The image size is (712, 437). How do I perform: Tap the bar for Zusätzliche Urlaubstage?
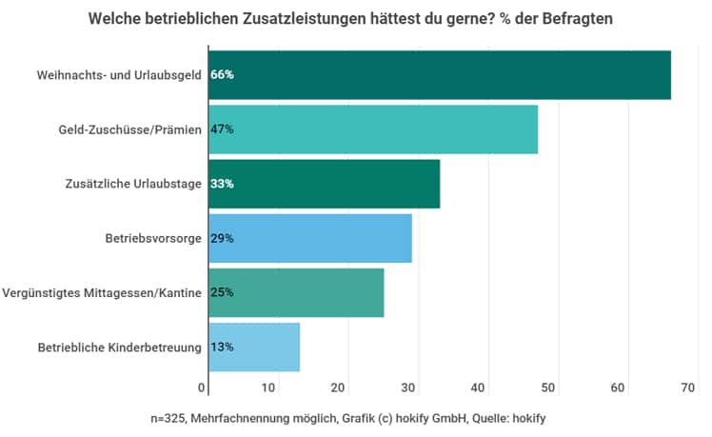tap(325, 184)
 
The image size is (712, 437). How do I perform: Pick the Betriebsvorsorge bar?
tap(310, 238)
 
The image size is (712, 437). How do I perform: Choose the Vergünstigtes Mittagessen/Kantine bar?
tap(296, 292)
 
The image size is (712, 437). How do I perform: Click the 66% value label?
tap(222, 74)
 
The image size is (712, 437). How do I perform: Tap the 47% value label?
tap(222, 129)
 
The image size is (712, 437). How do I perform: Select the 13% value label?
tap(222, 347)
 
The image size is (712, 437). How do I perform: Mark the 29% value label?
tap(222, 238)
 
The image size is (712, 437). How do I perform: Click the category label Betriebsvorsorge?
tap(152, 238)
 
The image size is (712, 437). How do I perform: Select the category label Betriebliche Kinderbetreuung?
tap(119, 348)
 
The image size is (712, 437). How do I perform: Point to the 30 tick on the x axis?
tap(406, 387)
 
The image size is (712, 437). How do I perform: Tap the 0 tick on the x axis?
tap(203, 387)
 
